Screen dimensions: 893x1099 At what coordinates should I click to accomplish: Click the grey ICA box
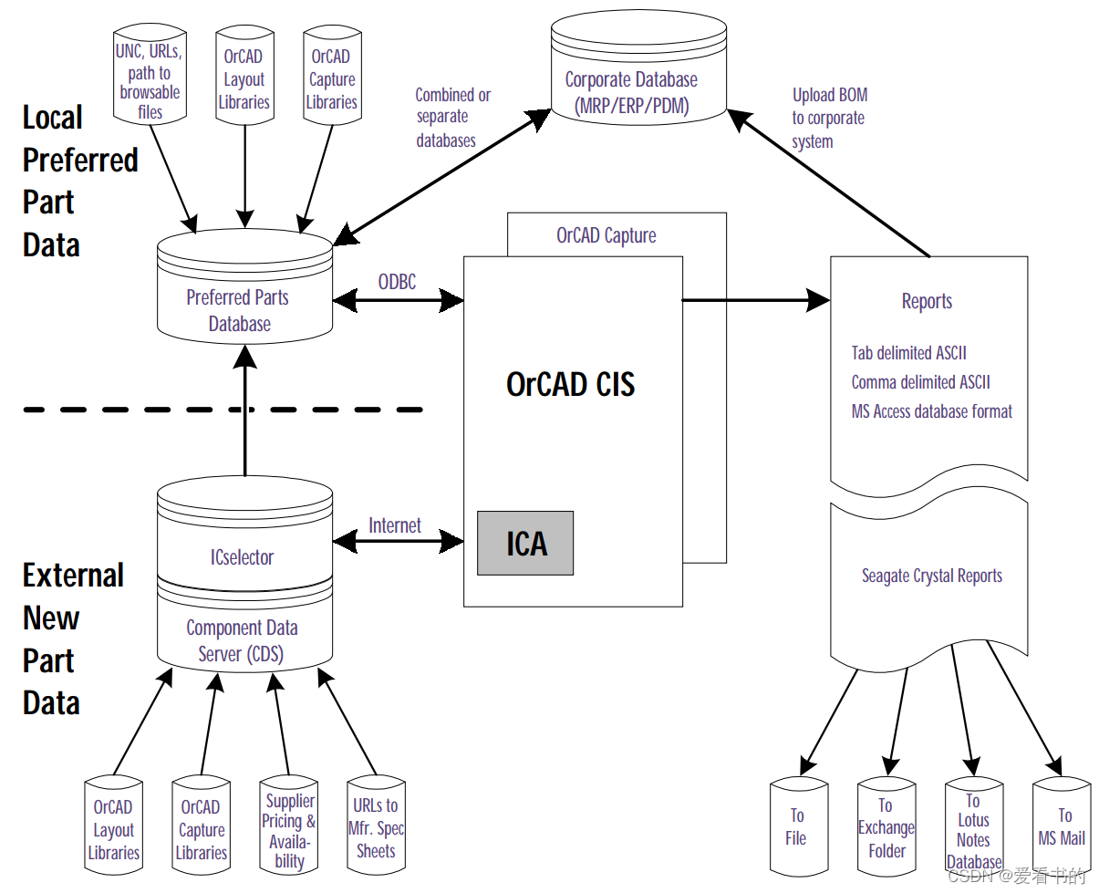(x=525, y=544)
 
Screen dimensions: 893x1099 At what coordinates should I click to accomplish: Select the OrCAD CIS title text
(x=570, y=384)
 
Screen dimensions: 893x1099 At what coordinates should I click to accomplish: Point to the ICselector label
(x=242, y=556)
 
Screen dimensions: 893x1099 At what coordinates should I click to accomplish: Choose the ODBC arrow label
(x=397, y=282)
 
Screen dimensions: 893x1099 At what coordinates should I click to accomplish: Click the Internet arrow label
(x=395, y=525)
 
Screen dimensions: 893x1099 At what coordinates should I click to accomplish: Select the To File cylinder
(x=796, y=826)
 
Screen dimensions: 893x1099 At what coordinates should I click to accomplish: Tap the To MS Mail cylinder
(x=1062, y=826)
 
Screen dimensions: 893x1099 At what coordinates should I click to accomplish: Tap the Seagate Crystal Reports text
(x=931, y=576)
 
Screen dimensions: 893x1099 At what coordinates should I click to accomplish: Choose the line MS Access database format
(x=931, y=411)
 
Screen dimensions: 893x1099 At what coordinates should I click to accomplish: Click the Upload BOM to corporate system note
(x=829, y=118)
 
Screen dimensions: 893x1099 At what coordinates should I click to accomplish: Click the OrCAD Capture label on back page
(x=606, y=235)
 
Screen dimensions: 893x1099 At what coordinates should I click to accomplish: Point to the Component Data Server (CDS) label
(x=242, y=640)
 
